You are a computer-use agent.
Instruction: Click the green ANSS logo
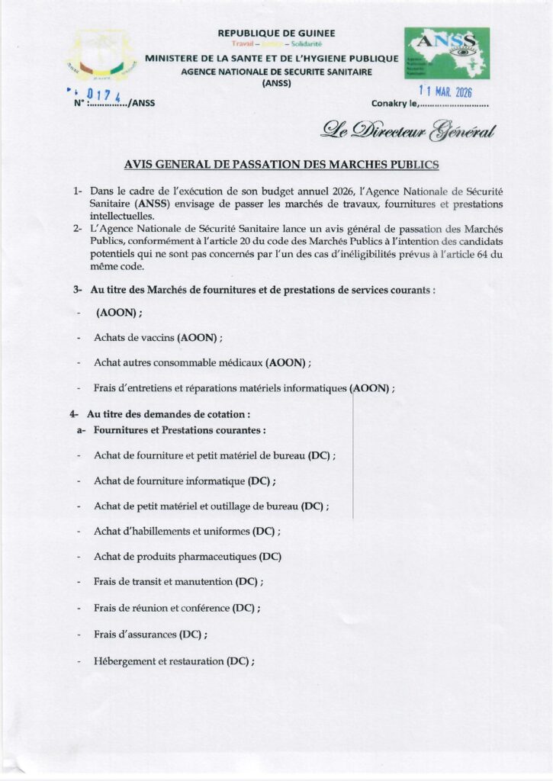tap(446, 53)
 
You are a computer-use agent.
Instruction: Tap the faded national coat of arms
tap(101, 57)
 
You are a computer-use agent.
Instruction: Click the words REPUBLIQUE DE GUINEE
tap(276, 34)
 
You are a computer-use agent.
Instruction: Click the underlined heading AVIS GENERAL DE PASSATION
tap(281, 164)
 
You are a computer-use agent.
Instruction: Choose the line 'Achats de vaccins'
tap(158, 337)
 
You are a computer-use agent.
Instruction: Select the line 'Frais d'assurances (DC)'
tap(150, 634)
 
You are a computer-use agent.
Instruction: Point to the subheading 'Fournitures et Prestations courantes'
tap(179, 430)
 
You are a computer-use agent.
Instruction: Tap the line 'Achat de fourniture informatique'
tap(185, 481)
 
